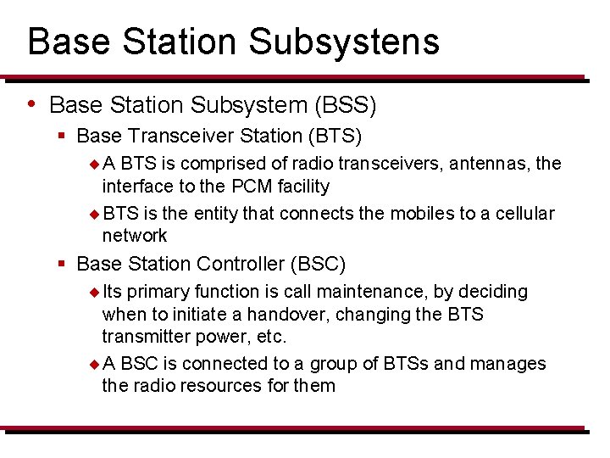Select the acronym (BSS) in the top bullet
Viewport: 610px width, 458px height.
(x=345, y=105)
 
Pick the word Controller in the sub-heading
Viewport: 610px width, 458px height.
(x=241, y=265)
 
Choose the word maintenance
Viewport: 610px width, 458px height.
(x=369, y=292)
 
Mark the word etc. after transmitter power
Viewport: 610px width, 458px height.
(x=270, y=336)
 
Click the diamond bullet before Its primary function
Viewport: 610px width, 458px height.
(x=94, y=293)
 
